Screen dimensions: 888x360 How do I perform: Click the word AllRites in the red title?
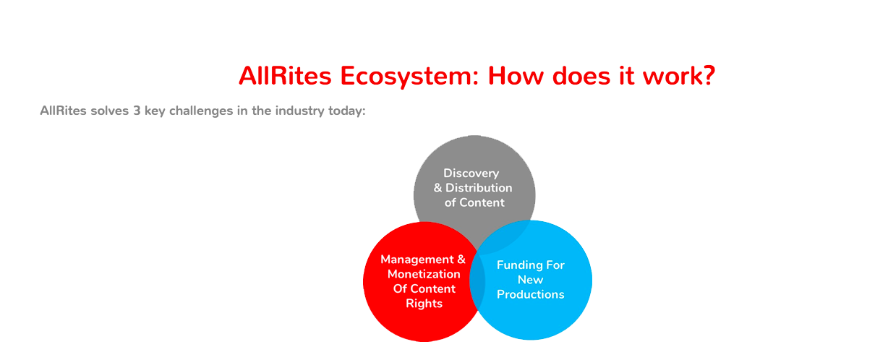coord(285,76)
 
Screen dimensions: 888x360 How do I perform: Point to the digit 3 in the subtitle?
coord(137,111)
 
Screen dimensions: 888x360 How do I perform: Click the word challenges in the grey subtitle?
coord(201,111)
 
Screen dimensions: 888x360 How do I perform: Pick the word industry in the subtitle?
coord(299,111)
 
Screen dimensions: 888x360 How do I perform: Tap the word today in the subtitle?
coord(345,111)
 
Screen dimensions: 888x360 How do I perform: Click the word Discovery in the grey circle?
coord(471,173)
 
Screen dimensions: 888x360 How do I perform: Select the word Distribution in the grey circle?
coord(479,187)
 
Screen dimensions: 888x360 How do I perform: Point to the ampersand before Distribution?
coord(437,187)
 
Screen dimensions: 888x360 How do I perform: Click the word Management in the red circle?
coord(417,260)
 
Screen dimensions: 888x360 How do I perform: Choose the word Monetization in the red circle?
coord(424,274)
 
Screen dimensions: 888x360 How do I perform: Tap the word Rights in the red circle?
coord(424,304)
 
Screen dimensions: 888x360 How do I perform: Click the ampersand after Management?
coord(461,260)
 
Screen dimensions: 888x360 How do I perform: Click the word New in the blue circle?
coord(531,280)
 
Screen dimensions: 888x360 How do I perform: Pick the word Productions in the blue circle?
coord(531,294)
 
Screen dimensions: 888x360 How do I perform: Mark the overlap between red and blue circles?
coord(477,281)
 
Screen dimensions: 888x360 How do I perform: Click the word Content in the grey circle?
coord(482,202)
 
